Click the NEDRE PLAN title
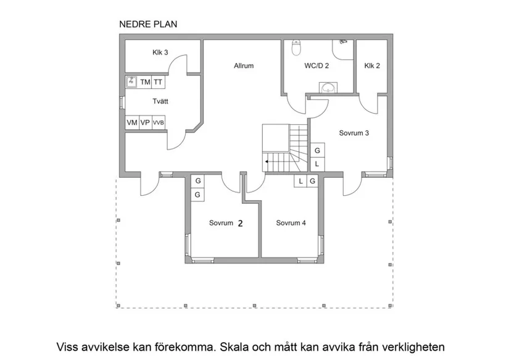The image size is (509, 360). [x=147, y=25]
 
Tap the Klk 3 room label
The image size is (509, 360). [x=160, y=52]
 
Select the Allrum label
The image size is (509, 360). [x=244, y=65]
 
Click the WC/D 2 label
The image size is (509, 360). [x=317, y=65]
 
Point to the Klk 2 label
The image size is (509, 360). [x=371, y=65]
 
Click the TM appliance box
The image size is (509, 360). [x=145, y=82]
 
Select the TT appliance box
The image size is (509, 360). [x=158, y=82]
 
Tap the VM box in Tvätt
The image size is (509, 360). [x=132, y=122]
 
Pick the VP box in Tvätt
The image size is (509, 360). [x=145, y=122]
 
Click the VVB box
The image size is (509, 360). [x=159, y=122]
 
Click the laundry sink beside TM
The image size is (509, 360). [x=132, y=82]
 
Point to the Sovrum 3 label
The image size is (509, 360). [x=354, y=133]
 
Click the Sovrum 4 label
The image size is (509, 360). [x=291, y=223]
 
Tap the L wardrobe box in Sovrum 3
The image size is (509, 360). [x=317, y=164]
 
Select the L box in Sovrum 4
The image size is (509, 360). [x=300, y=181]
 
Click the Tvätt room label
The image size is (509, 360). [x=161, y=101]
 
